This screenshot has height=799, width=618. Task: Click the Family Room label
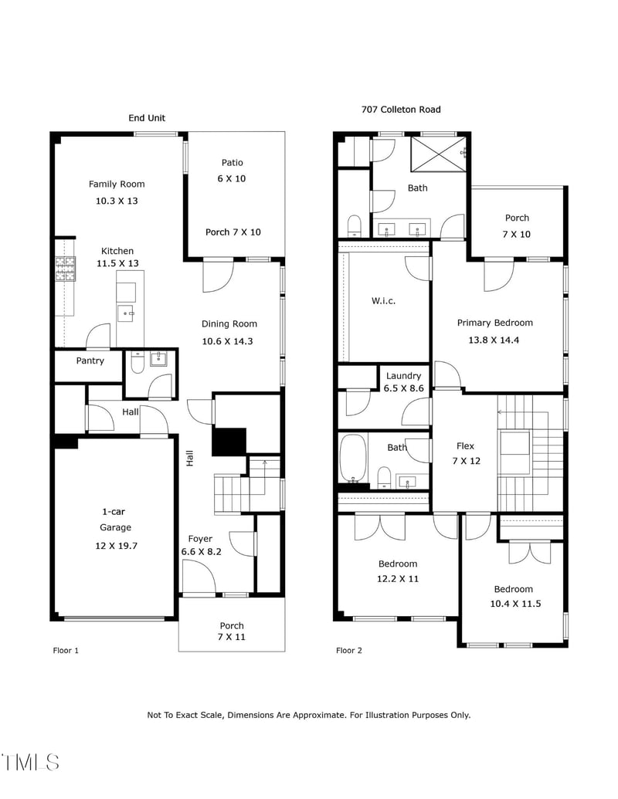(x=117, y=184)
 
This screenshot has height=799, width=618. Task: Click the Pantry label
(x=90, y=361)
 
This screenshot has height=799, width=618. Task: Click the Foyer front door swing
(x=199, y=576)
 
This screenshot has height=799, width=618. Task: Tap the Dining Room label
(x=229, y=324)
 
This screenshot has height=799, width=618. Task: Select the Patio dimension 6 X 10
(x=232, y=178)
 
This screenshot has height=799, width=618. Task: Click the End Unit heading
(x=147, y=118)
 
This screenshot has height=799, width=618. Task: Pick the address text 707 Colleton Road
(x=401, y=110)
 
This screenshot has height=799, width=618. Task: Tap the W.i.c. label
(x=383, y=300)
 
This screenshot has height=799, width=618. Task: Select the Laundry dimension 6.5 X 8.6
(x=404, y=388)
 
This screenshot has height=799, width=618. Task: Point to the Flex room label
(x=465, y=446)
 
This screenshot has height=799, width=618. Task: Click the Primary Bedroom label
(x=494, y=323)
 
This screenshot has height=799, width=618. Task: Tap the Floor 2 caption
(x=349, y=651)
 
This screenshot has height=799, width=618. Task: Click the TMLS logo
(x=31, y=762)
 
